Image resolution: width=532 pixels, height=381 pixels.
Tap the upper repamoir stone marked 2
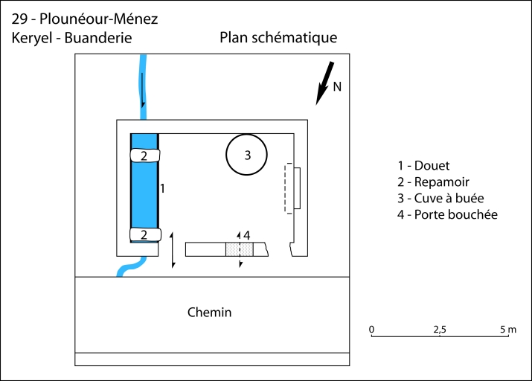pyautogui.click(x=145, y=156)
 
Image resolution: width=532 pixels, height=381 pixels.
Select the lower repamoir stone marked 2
pyautogui.click(x=145, y=234)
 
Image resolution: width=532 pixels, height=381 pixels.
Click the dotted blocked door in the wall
pyautogui.click(x=240, y=249)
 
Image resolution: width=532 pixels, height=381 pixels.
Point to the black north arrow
pyautogui.click(x=325, y=83)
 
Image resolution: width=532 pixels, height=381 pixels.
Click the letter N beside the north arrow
pyautogui.click(x=337, y=87)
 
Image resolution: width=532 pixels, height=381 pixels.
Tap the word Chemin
pyautogui.click(x=209, y=312)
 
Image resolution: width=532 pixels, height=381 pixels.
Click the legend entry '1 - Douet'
pyautogui.click(x=423, y=165)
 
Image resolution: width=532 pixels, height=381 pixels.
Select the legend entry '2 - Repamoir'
pyautogui.click(x=433, y=182)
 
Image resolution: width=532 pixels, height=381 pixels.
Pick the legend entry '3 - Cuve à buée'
pyautogui.click(x=440, y=198)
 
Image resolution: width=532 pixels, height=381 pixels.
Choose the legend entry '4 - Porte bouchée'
pyautogui.click(x=447, y=214)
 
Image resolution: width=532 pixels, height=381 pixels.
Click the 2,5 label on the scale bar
pyautogui.click(x=440, y=330)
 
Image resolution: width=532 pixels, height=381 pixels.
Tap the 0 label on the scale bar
pyautogui.click(x=371, y=330)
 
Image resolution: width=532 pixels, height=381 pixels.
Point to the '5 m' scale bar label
pyautogui.click(x=508, y=330)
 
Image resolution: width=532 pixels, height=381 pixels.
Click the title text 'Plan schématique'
pyautogui.click(x=278, y=38)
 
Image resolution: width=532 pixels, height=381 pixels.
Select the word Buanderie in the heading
pyautogui.click(x=98, y=38)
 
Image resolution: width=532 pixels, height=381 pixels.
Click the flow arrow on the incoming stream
pyautogui.click(x=143, y=90)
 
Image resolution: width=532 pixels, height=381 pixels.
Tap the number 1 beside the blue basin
pyautogui.click(x=162, y=188)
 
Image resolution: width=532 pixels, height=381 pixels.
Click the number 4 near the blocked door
pyautogui.click(x=247, y=235)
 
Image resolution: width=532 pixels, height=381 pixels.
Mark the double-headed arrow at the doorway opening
pyautogui.click(x=173, y=250)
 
